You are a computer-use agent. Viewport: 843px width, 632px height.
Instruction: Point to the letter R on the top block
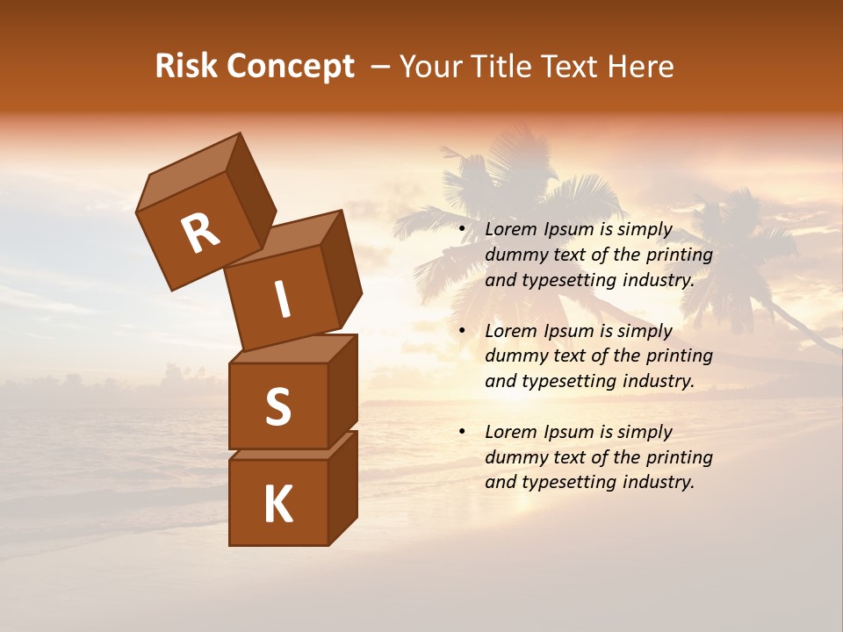200,233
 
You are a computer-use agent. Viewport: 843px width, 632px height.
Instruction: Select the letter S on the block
277,406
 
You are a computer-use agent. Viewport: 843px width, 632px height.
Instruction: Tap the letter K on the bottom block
277,505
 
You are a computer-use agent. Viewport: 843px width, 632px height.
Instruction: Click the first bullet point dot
463,230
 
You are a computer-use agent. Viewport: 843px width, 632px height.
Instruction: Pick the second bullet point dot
463,331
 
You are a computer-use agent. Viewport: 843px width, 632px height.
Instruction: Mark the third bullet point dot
463,432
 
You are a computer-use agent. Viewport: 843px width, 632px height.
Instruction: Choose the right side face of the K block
342,489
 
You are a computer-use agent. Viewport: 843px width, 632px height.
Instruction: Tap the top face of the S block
292,349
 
